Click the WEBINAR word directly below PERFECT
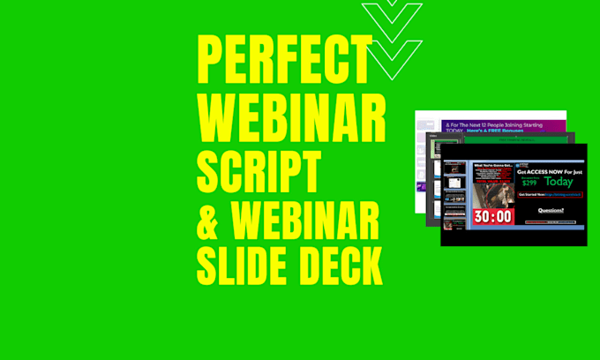coord(292,117)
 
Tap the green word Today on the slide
coord(558,182)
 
